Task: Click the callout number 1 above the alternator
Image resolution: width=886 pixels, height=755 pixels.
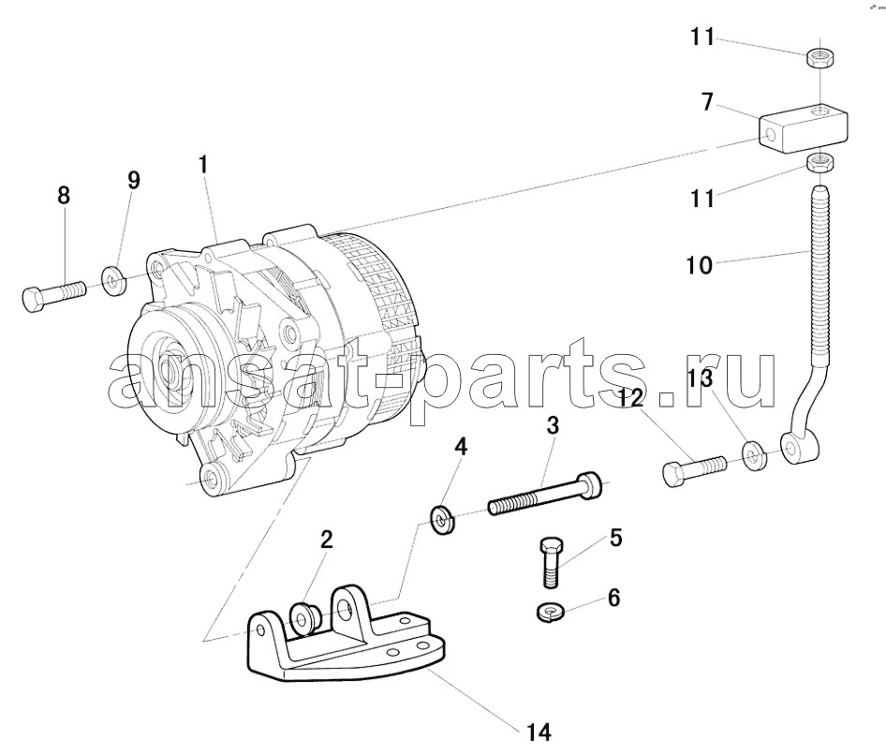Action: click(202, 165)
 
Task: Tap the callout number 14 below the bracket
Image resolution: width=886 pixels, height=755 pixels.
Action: click(539, 732)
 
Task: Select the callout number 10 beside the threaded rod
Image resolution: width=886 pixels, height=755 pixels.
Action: click(700, 264)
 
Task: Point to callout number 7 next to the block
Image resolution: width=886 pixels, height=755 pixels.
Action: click(707, 103)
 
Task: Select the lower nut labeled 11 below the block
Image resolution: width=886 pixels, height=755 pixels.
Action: click(820, 163)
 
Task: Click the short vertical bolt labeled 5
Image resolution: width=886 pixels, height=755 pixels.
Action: click(551, 563)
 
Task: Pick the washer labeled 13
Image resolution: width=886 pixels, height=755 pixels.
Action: click(755, 455)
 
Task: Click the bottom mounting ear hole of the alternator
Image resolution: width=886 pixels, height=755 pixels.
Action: click(212, 478)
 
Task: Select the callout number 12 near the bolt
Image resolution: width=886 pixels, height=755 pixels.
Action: click(630, 399)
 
